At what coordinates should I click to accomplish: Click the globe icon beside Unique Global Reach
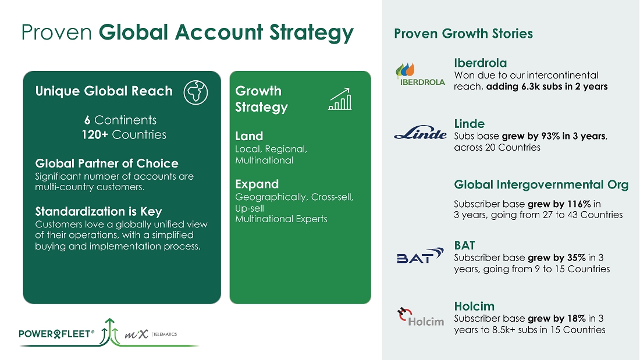pos(195,92)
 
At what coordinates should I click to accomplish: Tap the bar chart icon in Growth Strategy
pos(340,99)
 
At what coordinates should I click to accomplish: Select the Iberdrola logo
pos(421,74)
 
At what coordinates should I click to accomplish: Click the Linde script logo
pos(421,133)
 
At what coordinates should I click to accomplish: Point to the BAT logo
pos(420,255)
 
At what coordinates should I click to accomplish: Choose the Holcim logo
pos(421,317)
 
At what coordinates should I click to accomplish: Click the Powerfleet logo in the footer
pos(56,334)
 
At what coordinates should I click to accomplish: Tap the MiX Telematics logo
pos(151,334)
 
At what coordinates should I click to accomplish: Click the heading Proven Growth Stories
pos(463,34)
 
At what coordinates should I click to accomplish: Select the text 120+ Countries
pos(124,135)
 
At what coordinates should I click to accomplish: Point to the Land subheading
pos(249,136)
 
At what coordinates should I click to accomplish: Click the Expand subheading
pos(257,184)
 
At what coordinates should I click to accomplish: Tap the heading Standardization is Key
pos(98,212)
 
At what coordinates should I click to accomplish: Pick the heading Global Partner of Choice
pos(106,163)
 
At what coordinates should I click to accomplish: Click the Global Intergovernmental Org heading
pos(541,184)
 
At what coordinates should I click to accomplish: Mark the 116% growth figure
pos(579,204)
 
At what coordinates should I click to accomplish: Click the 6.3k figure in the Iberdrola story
pos(531,87)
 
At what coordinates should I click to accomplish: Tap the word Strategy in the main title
pos(311,33)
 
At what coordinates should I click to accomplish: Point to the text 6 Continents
pos(120,120)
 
